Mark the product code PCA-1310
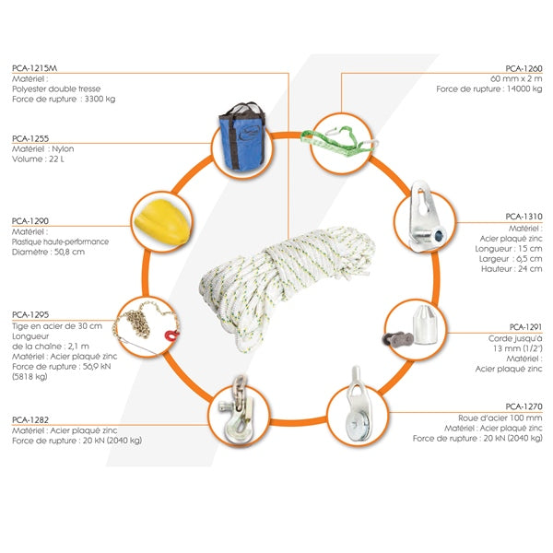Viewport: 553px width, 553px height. pos(524,217)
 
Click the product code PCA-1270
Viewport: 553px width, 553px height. pos(524,406)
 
